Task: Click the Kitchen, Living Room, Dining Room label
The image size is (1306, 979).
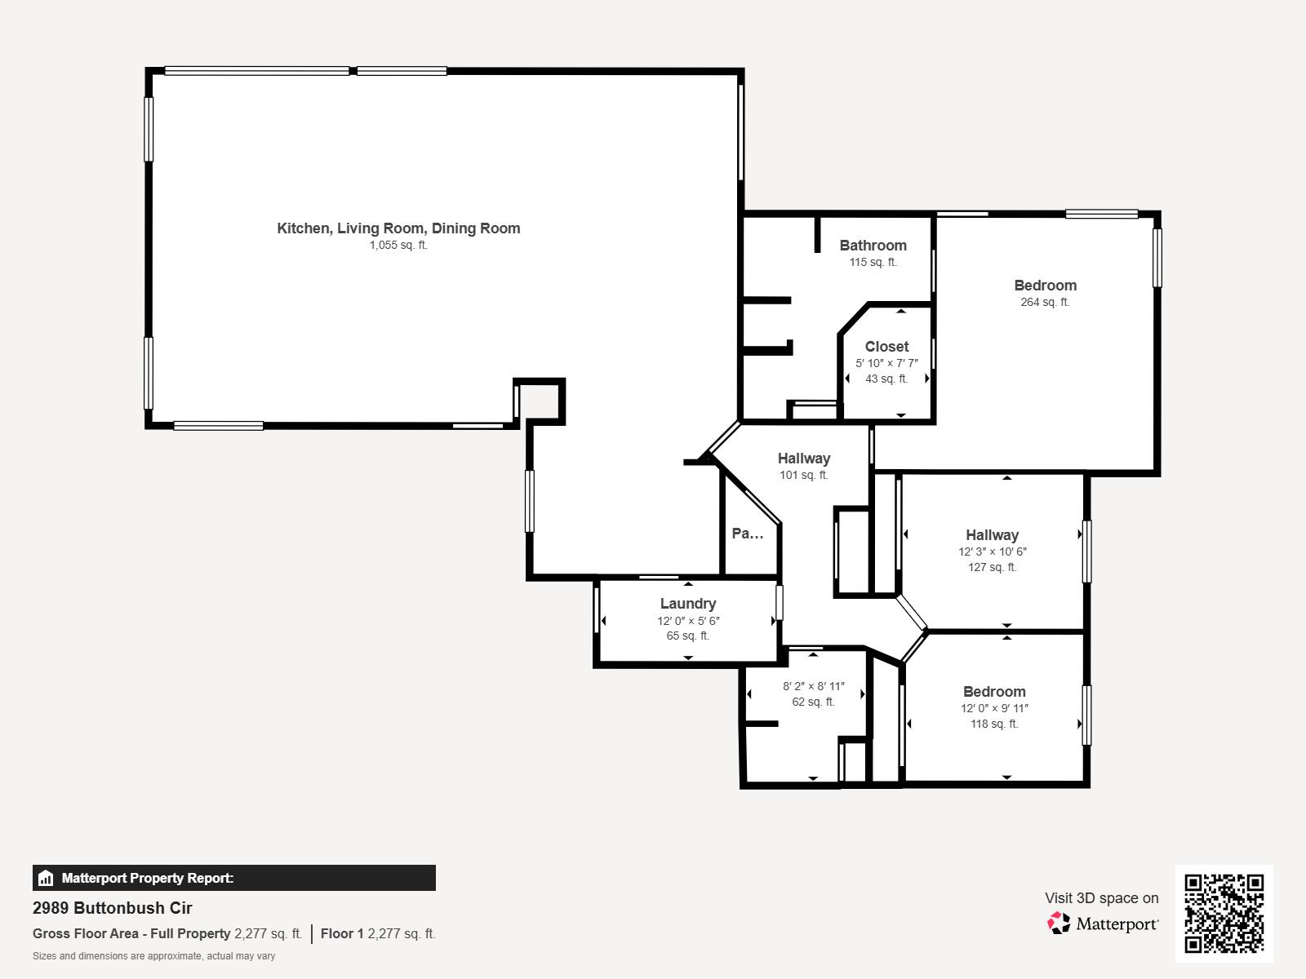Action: (x=398, y=228)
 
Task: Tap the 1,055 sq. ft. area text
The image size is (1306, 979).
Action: (x=398, y=246)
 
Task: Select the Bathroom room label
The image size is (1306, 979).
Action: (x=873, y=246)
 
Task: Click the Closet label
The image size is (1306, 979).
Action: (x=886, y=347)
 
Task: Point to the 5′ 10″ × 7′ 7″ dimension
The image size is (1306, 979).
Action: (x=886, y=363)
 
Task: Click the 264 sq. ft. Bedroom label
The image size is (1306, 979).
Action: (x=1045, y=286)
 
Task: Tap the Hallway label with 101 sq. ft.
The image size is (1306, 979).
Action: (x=803, y=458)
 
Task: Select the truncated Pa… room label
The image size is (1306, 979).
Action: (x=748, y=534)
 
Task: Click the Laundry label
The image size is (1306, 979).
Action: (x=688, y=604)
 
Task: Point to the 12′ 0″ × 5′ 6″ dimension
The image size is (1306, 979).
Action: (x=688, y=621)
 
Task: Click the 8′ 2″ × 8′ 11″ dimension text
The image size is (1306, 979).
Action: (x=813, y=687)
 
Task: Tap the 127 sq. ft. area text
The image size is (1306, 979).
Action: (x=992, y=567)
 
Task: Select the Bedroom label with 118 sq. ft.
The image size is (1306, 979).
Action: (x=993, y=692)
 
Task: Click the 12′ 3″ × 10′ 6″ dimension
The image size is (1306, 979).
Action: (x=992, y=552)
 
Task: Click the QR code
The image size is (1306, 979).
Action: (x=1224, y=913)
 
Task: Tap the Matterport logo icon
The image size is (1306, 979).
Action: (x=1059, y=924)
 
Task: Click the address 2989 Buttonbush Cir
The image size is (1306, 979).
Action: (x=113, y=908)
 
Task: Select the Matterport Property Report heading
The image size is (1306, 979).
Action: (x=147, y=879)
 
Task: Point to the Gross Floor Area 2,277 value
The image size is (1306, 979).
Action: (x=268, y=934)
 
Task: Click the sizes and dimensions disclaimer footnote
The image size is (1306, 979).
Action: (x=153, y=956)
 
